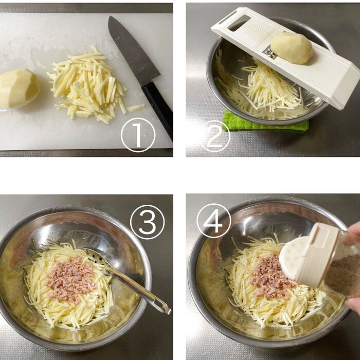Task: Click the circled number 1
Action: click(x=138, y=135)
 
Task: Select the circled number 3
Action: click(x=147, y=222)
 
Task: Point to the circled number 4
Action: click(x=214, y=221)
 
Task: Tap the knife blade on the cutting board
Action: click(x=133, y=50)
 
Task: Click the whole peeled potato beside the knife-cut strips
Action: click(x=19, y=88)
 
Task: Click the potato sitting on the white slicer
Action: click(x=292, y=47)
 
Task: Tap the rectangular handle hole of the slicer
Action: click(x=239, y=23)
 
